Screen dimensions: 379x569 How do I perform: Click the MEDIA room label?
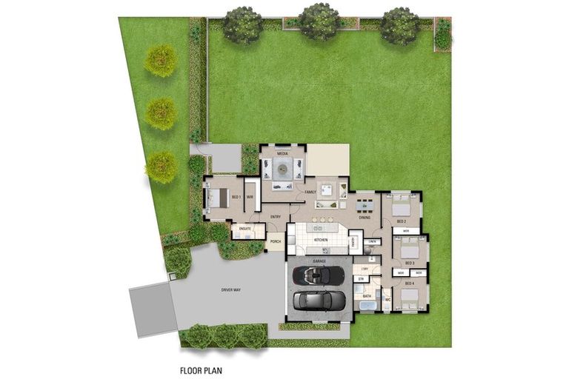click(x=282, y=153)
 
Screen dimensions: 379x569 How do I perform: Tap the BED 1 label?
click(x=236, y=197)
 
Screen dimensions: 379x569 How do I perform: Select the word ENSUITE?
click(x=245, y=229)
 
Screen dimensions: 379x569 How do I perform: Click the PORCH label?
click(x=276, y=241)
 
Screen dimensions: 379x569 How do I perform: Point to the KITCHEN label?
click(x=321, y=241)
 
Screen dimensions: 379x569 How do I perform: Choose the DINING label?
click(x=365, y=218)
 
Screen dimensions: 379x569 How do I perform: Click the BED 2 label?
click(x=401, y=221)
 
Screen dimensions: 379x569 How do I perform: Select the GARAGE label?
click(x=319, y=261)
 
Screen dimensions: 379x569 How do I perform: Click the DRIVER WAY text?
click(x=231, y=289)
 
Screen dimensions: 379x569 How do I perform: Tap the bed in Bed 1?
click(x=218, y=197)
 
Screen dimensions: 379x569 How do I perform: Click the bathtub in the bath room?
click(x=367, y=305)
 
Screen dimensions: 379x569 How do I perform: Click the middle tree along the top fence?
click(x=320, y=21)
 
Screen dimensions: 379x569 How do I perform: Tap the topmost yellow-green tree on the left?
click(x=160, y=61)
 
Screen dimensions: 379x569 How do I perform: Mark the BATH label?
click(x=366, y=295)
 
